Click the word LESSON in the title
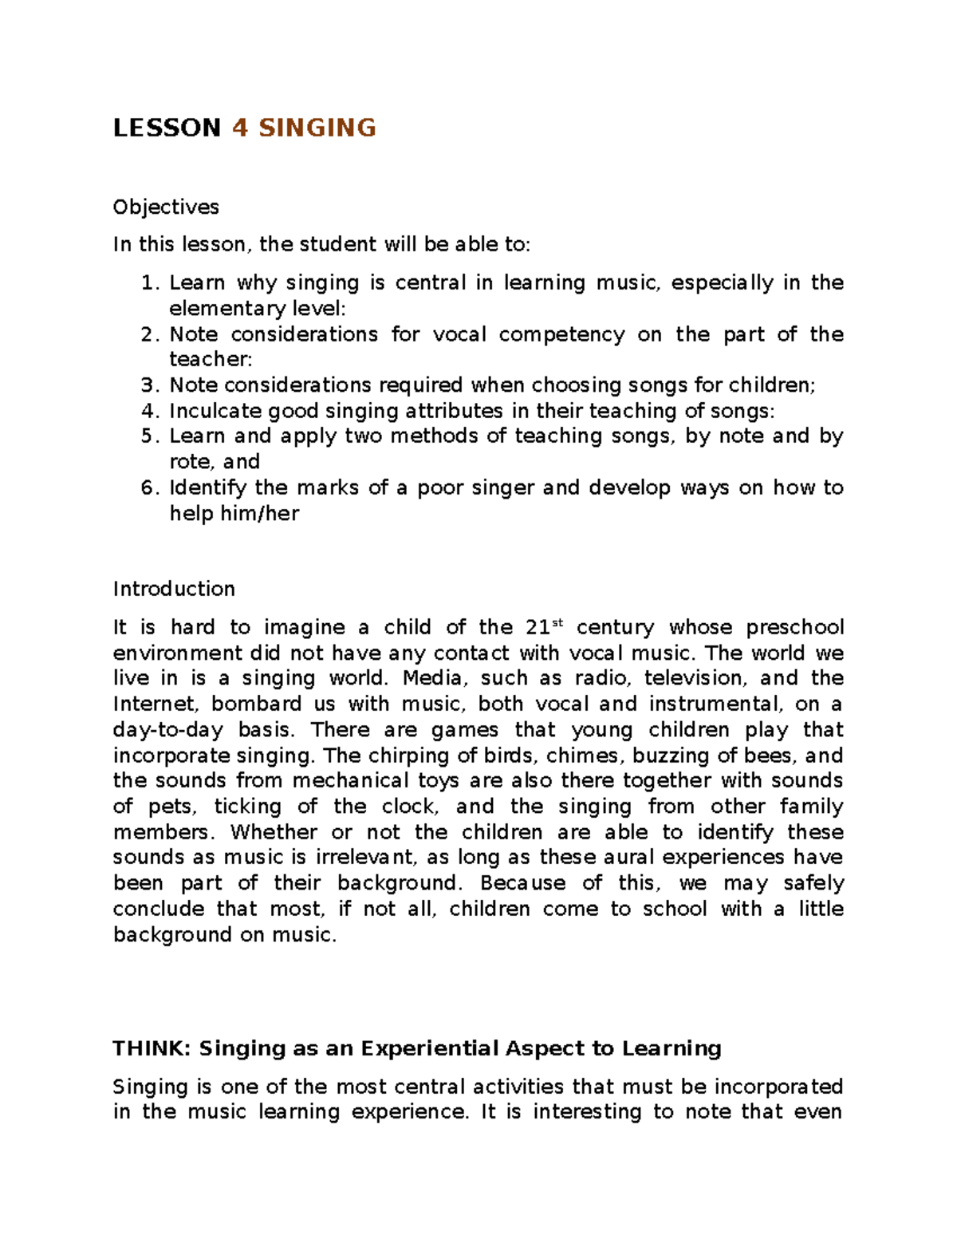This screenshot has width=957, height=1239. [x=167, y=128]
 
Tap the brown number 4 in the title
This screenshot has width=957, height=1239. [x=239, y=128]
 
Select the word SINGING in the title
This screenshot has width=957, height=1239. [x=317, y=128]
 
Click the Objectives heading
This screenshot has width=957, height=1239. [x=166, y=207]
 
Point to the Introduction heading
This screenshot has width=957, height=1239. [x=174, y=589]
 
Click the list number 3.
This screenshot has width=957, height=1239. [x=148, y=385]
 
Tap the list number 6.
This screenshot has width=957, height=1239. [x=148, y=487]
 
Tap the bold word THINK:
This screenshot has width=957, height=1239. [x=152, y=1048]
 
